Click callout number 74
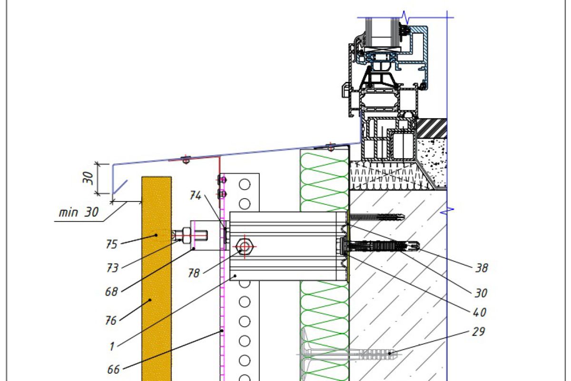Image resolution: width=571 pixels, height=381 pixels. pos(196,195)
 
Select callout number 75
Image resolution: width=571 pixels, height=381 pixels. pos(112,244)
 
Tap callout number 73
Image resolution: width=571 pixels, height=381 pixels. pos(112,268)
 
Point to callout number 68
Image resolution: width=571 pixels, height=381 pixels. pos(111,291)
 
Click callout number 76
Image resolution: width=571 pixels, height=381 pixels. pos(111,321)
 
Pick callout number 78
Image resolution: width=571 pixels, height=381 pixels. pos(194,273)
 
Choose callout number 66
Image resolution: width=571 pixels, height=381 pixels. pos(113,369)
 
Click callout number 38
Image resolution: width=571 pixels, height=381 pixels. pos(482,268)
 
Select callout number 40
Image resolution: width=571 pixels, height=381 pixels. pos(480,312)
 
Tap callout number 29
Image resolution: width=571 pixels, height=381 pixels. pos(478,331)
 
